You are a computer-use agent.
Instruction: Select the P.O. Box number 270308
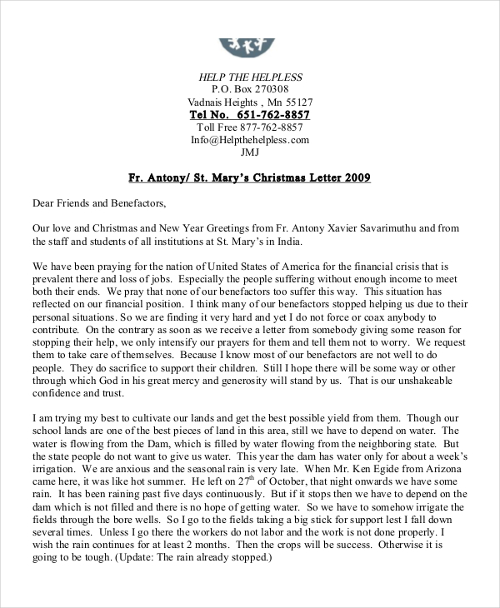(x=269, y=89)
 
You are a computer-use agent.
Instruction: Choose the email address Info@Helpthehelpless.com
(x=249, y=140)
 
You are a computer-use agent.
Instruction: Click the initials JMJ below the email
(x=249, y=152)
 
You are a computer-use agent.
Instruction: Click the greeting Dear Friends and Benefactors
(x=99, y=202)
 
